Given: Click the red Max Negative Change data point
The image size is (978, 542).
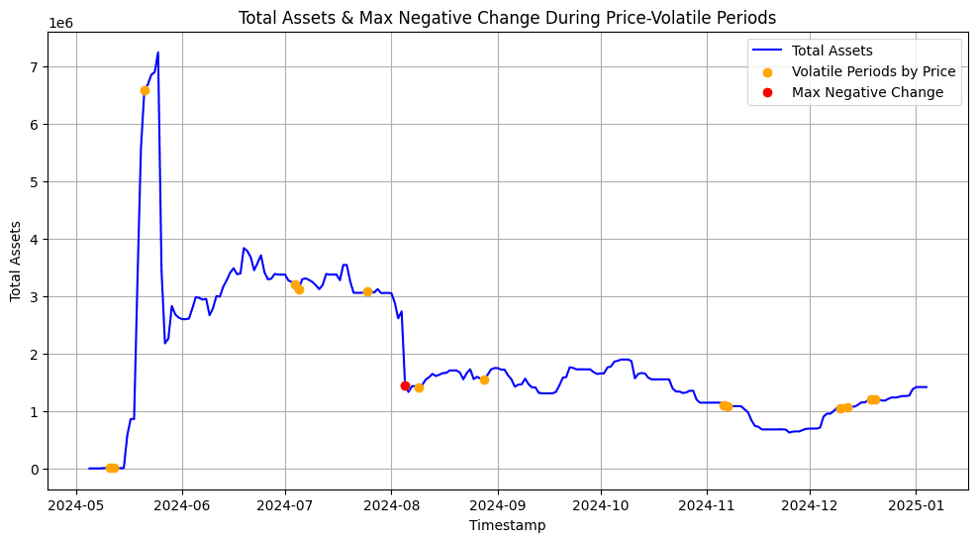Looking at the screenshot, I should click(405, 385).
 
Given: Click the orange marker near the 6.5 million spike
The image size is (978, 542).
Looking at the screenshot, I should click(145, 90).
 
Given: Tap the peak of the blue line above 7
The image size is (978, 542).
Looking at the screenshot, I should click(158, 53).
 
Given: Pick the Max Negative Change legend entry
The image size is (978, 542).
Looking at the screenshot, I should click(867, 92).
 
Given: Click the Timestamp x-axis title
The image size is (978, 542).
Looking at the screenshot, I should click(507, 525).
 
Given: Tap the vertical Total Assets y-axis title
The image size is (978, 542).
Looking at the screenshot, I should click(17, 261).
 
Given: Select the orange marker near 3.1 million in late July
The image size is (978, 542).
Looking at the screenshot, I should click(367, 291).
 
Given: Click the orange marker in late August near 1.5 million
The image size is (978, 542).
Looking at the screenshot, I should click(484, 379).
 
